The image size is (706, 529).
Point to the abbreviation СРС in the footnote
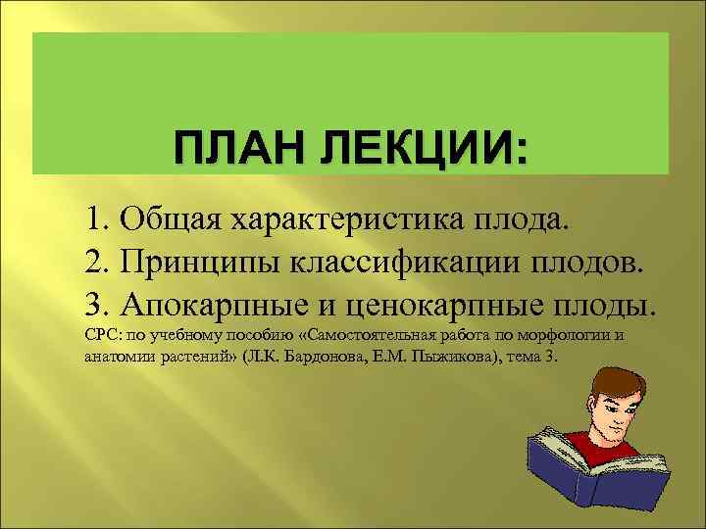click(x=100, y=336)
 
